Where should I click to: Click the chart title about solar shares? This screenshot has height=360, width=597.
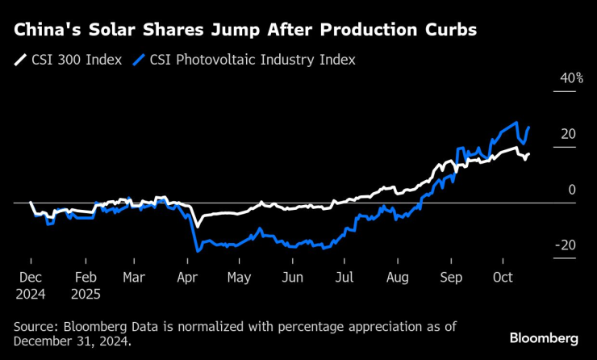coord(244,31)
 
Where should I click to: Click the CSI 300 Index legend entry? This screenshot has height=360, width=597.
coord(69,60)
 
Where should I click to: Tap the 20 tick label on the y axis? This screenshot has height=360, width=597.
coord(568,134)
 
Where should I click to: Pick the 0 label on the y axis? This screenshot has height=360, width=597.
coord(572,190)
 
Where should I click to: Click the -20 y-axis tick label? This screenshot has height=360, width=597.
coord(566,245)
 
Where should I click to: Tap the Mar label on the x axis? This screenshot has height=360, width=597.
coord(134,277)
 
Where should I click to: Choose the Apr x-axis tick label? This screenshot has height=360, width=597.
coord(186,277)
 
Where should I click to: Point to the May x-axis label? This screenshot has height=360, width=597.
coord(240,277)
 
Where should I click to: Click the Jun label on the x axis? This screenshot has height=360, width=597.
coord(292,277)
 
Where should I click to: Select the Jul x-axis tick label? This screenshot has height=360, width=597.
coord(344,277)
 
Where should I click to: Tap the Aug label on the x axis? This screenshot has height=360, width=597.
coord(398,277)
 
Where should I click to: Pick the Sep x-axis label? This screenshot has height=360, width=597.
coord(450,277)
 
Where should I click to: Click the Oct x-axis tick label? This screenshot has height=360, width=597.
coord(503,277)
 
